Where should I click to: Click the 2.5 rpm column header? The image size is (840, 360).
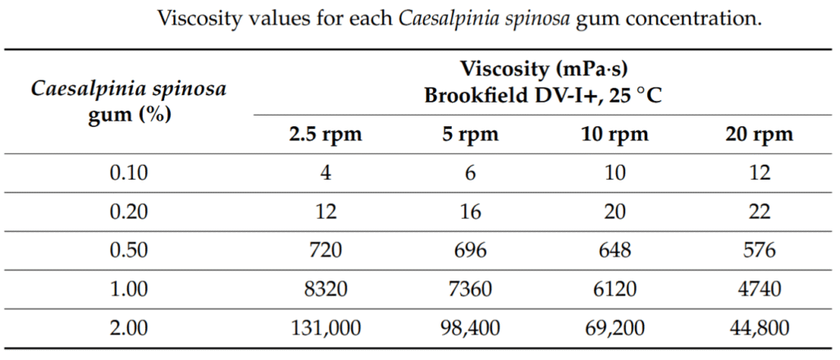(325, 134)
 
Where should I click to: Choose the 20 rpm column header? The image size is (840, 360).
(760, 134)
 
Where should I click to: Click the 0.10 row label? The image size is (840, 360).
(129, 173)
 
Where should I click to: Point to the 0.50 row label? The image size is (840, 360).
(129, 250)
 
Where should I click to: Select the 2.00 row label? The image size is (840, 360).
(129, 328)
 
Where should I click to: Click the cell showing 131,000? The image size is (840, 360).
(325, 328)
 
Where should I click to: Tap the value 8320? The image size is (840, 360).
(325, 289)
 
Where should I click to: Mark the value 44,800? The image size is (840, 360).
(760, 328)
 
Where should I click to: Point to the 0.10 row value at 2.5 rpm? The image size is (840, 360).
(325, 173)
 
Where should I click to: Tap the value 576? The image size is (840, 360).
(760, 250)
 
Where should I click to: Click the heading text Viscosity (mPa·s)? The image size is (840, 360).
(543, 68)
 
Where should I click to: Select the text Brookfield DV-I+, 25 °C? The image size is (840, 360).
(543, 95)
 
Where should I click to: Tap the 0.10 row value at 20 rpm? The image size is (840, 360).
(760, 173)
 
